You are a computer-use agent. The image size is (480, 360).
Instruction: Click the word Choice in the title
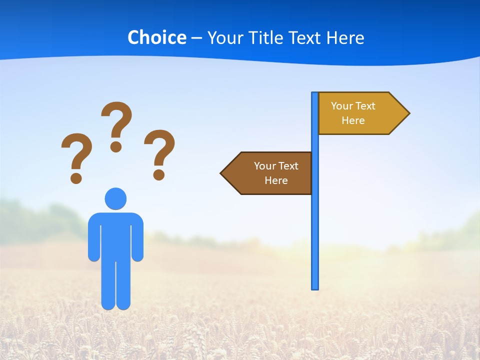pos(156,37)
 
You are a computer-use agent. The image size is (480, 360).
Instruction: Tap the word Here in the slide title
pos(345,37)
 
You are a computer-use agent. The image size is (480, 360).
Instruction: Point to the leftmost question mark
pos(76,152)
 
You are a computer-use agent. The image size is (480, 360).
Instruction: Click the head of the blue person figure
pos(115,198)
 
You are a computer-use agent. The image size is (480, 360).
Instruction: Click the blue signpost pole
pos(315,225)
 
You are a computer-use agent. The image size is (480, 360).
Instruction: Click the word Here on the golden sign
pos(353,120)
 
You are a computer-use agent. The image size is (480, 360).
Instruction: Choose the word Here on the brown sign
pos(276,180)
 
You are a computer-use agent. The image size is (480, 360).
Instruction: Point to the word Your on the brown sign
pos(264,166)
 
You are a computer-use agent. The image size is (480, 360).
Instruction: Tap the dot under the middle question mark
pos(116,146)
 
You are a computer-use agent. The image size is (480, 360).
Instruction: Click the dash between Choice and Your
pos(196,38)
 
